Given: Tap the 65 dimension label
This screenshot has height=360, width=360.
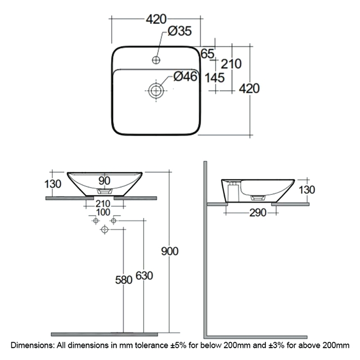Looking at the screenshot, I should (207, 54).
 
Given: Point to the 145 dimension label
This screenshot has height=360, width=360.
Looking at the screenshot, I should (214, 77).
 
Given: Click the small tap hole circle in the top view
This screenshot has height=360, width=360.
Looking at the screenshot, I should (156, 58).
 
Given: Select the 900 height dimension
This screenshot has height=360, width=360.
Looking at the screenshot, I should (170, 251).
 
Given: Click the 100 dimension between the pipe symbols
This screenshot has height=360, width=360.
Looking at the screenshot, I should (103, 211).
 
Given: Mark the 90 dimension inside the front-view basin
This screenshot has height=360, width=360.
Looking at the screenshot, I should (104, 180).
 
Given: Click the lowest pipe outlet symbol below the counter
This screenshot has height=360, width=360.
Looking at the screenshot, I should (105, 230).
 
